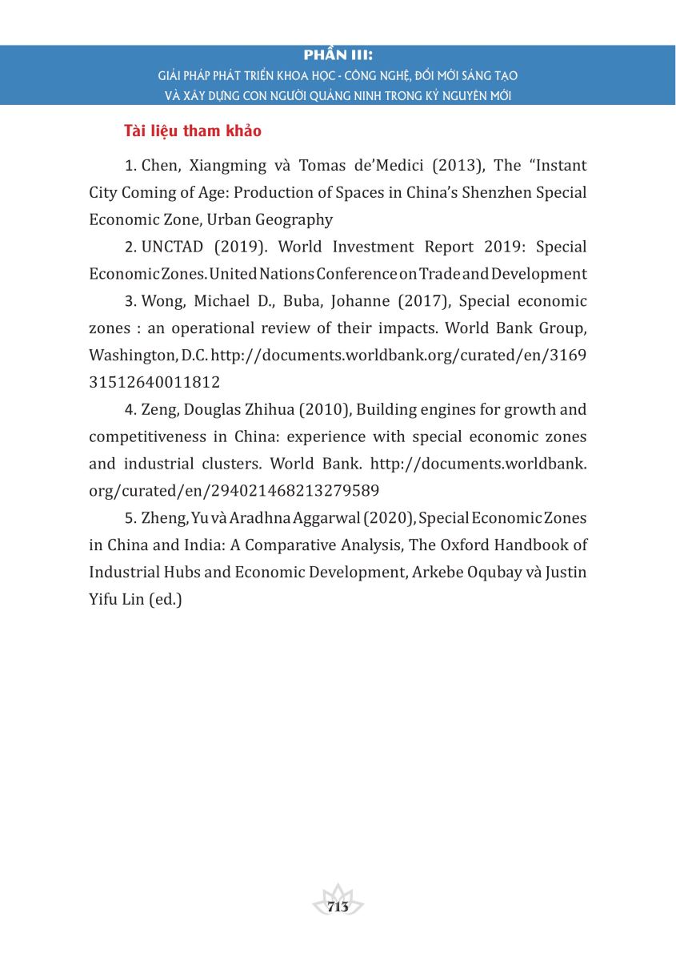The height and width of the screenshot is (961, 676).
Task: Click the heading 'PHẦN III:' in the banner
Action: (x=339, y=56)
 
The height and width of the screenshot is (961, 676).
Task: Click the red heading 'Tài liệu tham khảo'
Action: (x=192, y=131)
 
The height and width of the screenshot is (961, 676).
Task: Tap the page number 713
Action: (x=338, y=906)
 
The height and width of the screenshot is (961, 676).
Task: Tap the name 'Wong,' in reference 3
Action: (x=163, y=301)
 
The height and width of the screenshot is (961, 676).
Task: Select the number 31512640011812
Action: (x=154, y=382)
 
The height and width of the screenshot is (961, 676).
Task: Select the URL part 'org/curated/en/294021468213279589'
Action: (x=234, y=490)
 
